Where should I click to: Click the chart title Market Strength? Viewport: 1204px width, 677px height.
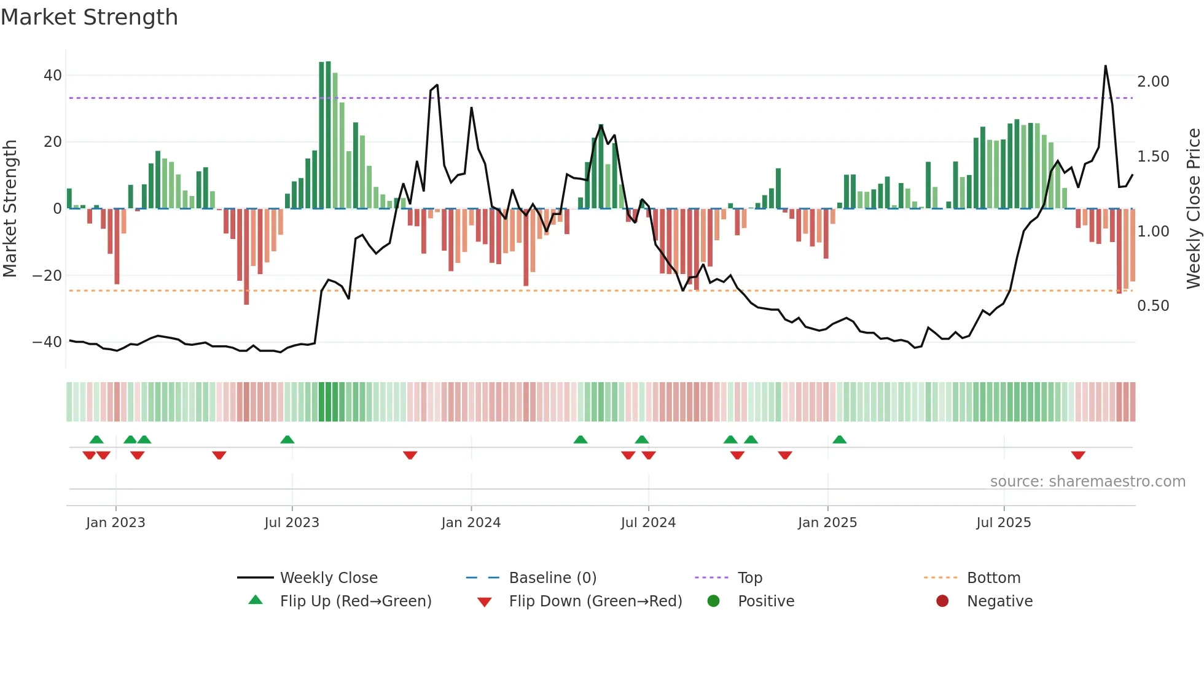(x=89, y=17)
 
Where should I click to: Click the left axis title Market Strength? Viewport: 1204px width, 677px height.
(x=10, y=208)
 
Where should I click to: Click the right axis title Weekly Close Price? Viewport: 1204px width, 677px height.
(x=1193, y=208)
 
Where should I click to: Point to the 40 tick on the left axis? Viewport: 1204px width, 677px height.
(x=52, y=76)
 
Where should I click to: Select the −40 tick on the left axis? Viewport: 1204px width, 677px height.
(x=47, y=342)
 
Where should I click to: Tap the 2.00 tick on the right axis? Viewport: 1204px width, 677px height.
(x=1152, y=82)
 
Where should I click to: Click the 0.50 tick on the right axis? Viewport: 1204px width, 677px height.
(x=1152, y=306)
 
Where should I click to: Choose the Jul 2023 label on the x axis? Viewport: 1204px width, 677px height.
(x=292, y=523)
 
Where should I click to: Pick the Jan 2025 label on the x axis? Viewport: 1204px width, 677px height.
(x=827, y=523)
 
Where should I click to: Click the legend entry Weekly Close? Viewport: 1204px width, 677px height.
(x=329, y=578)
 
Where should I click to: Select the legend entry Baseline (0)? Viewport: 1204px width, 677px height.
(x=552, y=578)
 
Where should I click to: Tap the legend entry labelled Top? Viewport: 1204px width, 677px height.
(x=749, y=578)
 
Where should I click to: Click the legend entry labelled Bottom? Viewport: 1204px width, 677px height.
(x=993, y=578)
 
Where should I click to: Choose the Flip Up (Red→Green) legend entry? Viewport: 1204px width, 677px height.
(x=355, y=601)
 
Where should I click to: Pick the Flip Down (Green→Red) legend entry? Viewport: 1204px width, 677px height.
(x=595, y=601)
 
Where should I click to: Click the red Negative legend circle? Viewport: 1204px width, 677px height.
(x=942, y=601)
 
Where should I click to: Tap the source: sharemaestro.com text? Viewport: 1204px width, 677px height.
(x=1087, y=482)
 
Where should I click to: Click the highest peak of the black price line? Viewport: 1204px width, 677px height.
(x=1105, y=66)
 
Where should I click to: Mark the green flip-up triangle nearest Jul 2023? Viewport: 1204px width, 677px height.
(x=287, y=439)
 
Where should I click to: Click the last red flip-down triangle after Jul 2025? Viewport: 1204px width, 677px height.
(x=1078, y=455)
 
